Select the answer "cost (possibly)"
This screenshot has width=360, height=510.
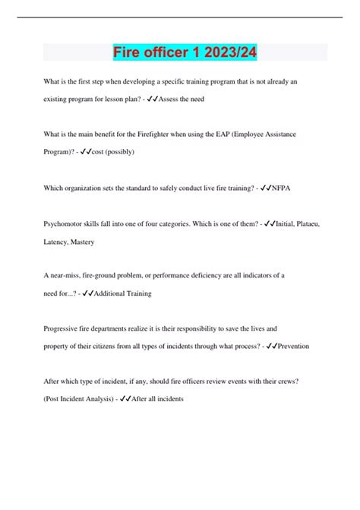click(113, 152)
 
